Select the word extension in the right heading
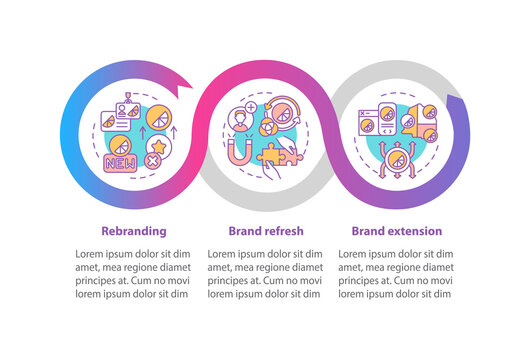[413, 230]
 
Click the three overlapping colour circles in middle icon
[262, 130]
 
